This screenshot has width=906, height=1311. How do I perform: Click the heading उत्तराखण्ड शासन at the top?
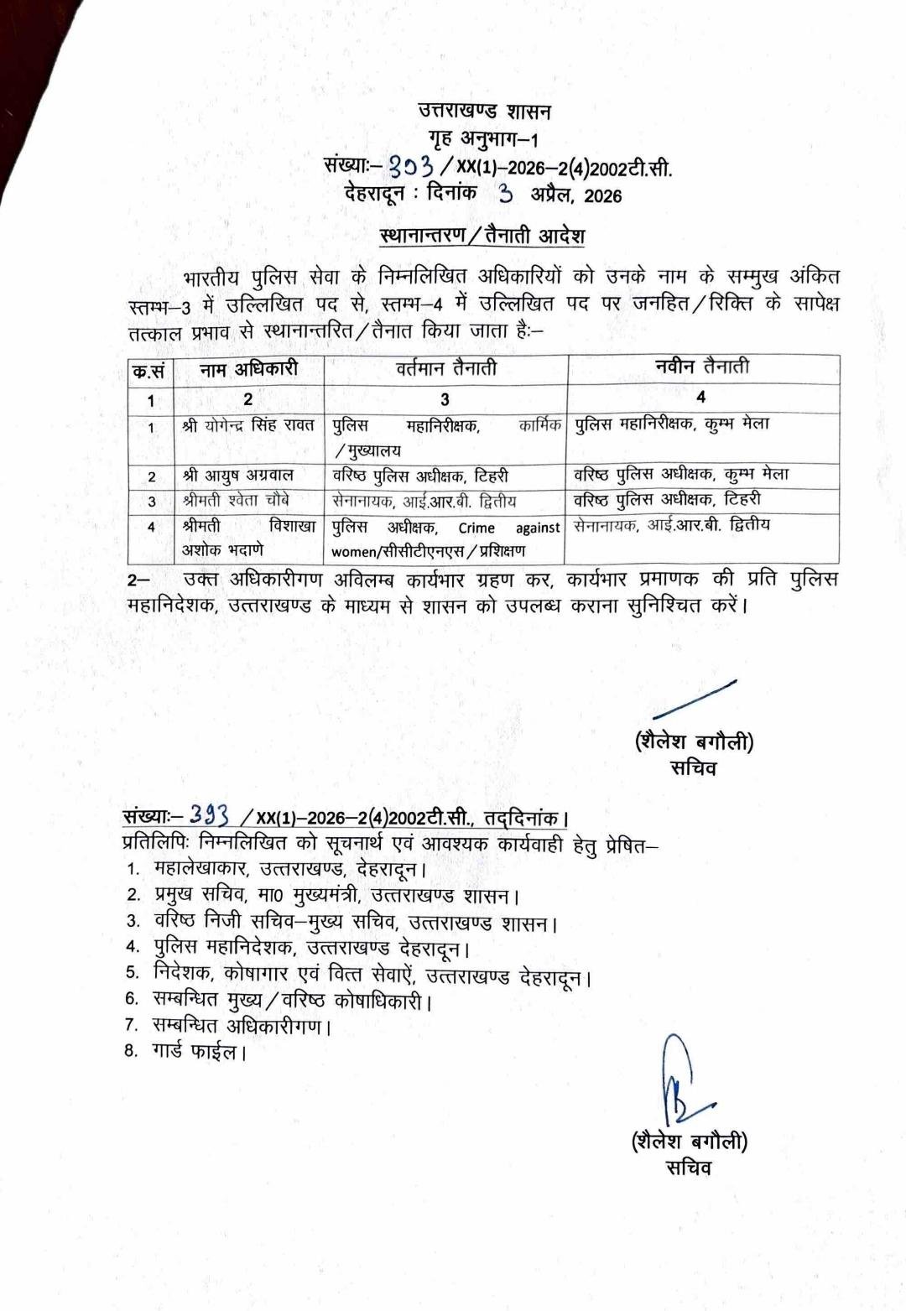coord(484,111)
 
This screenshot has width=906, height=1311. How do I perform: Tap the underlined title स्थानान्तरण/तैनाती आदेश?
coord(482,236)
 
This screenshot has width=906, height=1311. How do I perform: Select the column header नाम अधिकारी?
coord(248,369)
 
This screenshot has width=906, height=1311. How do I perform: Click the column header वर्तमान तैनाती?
coord(445,368)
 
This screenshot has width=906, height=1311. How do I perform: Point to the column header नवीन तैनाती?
coord(702,367)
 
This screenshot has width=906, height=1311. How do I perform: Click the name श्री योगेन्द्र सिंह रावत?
coord(248,426)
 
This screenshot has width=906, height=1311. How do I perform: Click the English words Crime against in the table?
coord(508,528)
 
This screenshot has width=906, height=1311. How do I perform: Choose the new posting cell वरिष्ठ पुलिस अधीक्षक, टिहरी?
coord(667,500)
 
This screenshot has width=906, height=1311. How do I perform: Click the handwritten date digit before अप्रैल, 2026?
coord(505,194)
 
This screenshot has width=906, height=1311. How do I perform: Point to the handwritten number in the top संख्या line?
coord(416,166)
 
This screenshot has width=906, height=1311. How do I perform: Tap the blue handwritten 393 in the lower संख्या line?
coord(209,814)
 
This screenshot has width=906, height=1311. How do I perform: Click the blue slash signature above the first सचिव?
coord(694,700)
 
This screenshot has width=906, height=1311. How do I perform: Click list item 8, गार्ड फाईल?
coord(198,1050)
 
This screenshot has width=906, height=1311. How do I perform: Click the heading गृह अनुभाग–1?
coord(483,139)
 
